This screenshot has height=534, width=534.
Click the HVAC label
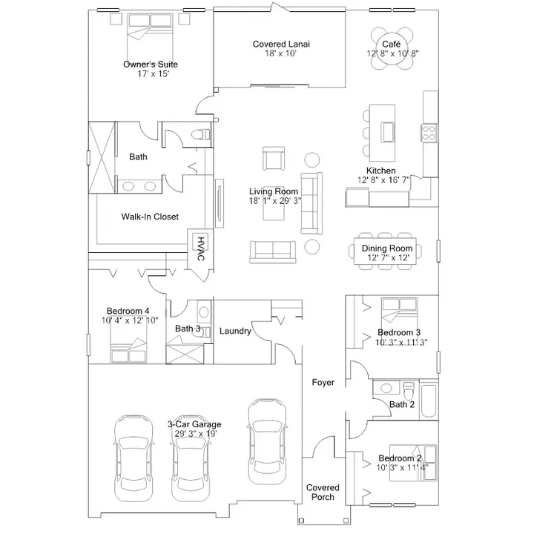(x=200, y=248)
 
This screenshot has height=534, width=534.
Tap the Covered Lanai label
(x=281, y=44)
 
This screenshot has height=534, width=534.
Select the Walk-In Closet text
(x=150, y=217)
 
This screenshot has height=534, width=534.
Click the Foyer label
(x=323, y=383)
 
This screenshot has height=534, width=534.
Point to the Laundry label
(x=235, y=331)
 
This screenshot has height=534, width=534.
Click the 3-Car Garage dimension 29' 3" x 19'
(x=196, y=434)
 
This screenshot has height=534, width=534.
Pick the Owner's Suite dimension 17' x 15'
(x=154, y=73)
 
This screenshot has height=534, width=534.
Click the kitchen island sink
(x=388, y=132)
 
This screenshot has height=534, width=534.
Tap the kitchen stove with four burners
(x=429, y=133)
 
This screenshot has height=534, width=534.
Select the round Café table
(x=392, y=48)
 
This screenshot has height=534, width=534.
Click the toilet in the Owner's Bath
(x=201, y=134)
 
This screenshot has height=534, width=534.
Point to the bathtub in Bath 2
(x=429, y=400)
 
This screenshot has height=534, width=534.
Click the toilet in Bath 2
(x=409, y=391)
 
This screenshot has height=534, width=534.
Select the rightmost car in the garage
(x=267, y=441)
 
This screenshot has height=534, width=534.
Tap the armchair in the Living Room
(x=274, y=159)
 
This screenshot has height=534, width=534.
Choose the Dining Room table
(x=385, y=251)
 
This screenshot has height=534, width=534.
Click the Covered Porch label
(x=323, y=492)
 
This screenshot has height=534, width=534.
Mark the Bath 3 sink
(x=204, y=311)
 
